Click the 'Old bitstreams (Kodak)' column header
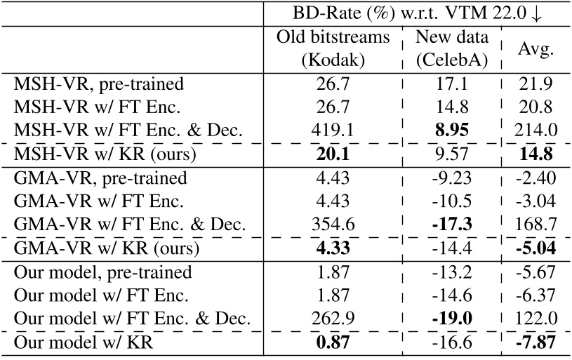click(333, 48)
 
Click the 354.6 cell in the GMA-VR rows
click(333, 225)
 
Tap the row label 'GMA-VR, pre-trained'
click(100, 178)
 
